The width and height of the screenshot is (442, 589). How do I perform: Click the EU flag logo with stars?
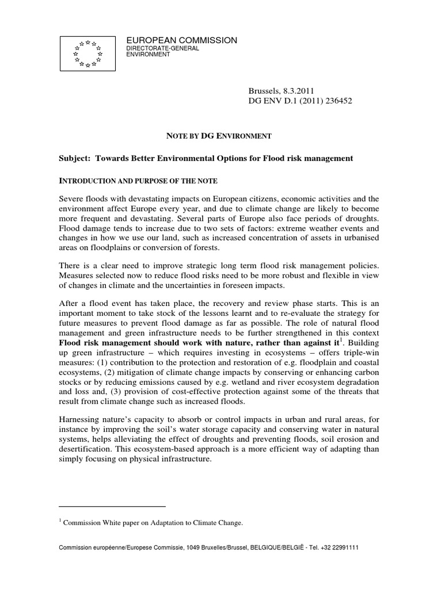pos(88,53)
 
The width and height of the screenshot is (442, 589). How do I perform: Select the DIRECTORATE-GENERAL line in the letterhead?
pos(162,49)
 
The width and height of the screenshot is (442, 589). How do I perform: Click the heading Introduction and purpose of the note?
pos(139,181)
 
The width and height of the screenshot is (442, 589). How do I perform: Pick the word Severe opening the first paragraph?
pos(74,198)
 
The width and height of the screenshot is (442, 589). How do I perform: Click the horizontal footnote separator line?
pos(113,506)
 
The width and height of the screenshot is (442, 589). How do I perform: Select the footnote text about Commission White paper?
pos(153,523)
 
